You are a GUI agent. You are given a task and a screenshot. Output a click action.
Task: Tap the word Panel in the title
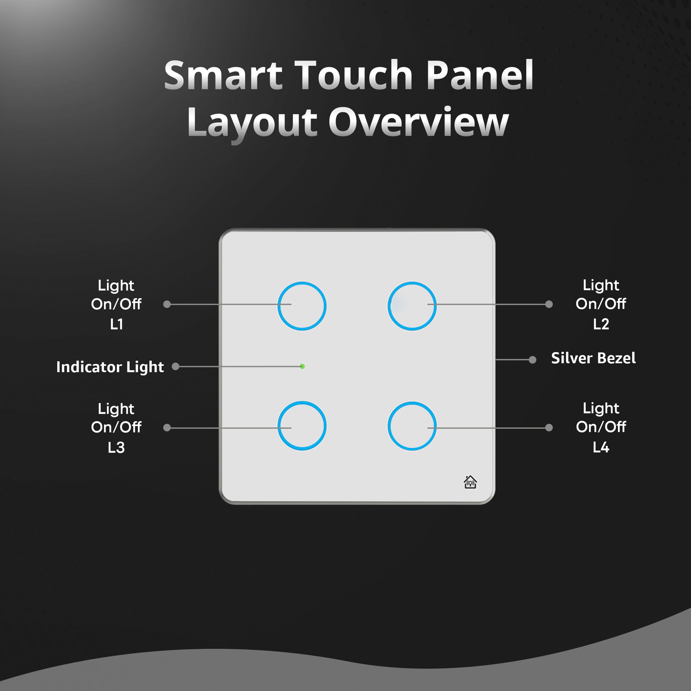(480, 76)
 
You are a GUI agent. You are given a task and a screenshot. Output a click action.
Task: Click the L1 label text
(116, 325)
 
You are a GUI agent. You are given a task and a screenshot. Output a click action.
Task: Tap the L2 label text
(601, 325)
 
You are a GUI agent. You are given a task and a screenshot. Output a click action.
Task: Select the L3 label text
(116, 448)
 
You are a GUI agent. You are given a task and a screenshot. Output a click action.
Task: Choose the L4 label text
(601, 447)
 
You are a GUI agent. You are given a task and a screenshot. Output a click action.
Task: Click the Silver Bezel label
(593, 358)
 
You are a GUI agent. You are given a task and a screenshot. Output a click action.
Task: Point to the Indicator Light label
(110, 367)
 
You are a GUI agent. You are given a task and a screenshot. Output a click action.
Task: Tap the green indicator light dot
(302, 366)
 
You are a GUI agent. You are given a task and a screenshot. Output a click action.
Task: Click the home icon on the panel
(470, 482)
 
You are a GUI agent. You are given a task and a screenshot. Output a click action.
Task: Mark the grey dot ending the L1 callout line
(167, 304)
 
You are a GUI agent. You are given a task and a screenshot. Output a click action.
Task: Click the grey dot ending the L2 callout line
(549, 304)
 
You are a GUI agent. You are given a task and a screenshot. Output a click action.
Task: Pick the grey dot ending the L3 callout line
(167, 428)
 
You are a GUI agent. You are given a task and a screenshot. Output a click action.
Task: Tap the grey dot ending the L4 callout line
(549, 428)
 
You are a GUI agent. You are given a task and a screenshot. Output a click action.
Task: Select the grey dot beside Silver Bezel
(533, 360)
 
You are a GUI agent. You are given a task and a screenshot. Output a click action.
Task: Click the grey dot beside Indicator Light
(175, 366)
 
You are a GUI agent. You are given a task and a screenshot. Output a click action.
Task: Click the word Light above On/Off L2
(601, 285)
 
